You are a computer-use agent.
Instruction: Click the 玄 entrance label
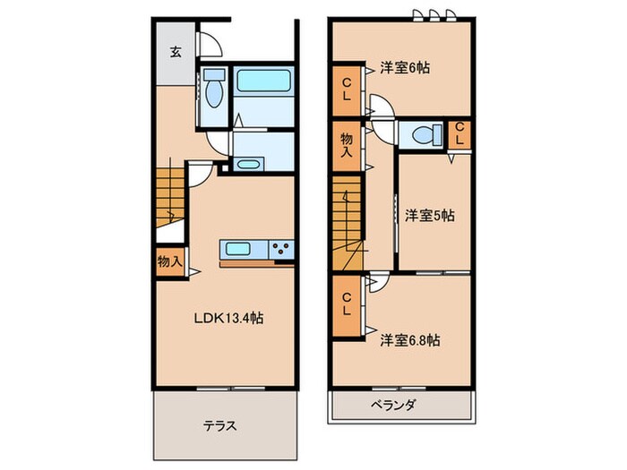[175, 51]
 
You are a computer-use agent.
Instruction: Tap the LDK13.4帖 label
[230, 317]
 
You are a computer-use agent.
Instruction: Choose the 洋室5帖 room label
[429, 215]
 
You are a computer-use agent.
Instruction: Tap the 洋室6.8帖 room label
[409, 339]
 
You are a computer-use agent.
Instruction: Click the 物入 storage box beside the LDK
[169, 262]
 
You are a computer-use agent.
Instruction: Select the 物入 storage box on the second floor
[346, 146]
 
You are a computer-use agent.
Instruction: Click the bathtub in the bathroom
[263, 88]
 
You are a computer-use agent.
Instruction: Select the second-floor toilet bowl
[421, 134]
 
